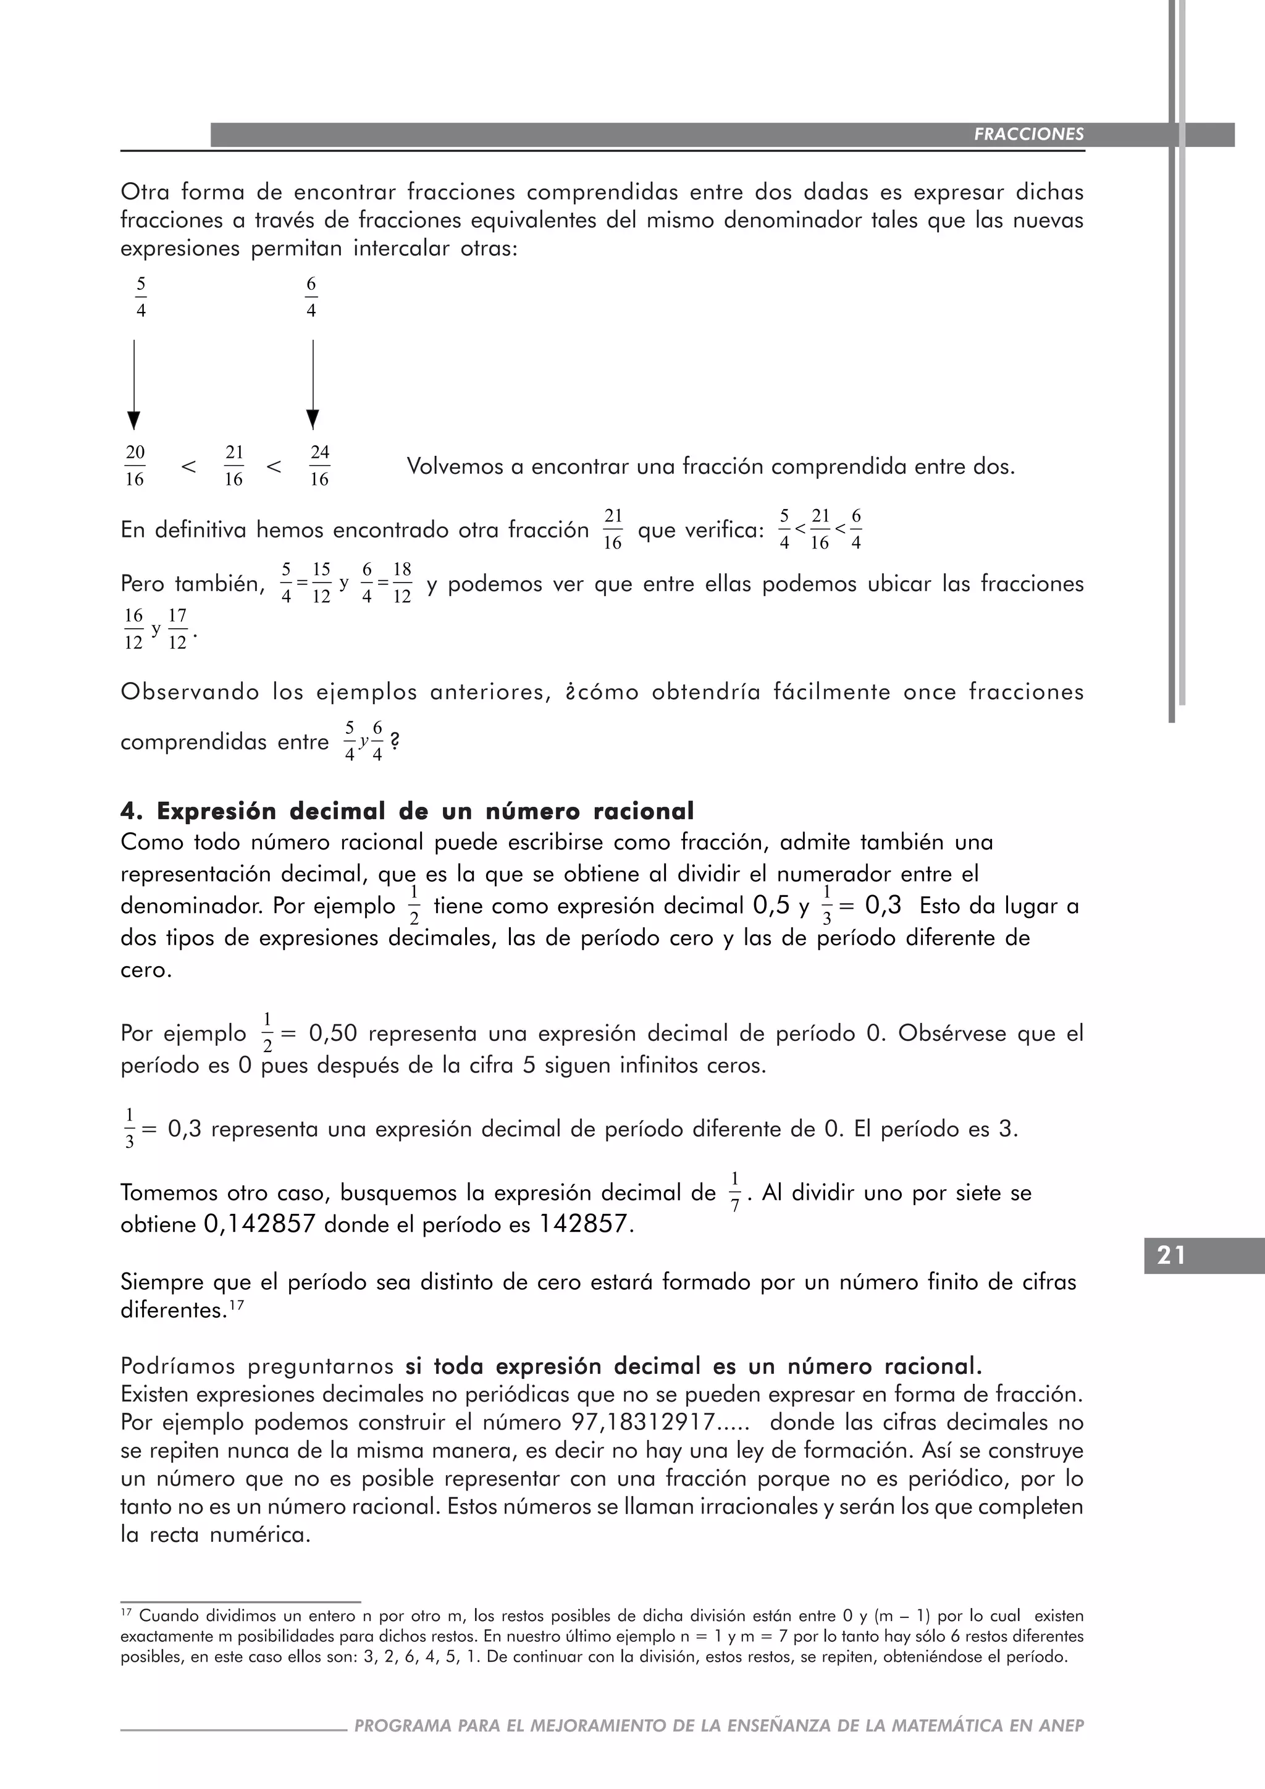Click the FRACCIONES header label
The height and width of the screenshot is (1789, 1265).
point(1028,134)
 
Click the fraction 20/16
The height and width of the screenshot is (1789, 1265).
point(135,466)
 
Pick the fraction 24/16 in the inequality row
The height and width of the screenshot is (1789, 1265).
point(319,466)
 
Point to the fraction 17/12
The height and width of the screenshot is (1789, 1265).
point(178,629)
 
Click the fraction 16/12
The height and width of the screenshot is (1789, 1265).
point(134,629)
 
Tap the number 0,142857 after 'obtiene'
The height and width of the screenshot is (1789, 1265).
point(259,1224)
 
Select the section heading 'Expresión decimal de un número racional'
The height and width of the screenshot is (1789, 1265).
point(424,811)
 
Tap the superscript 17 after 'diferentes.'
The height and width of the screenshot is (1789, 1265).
point(237,1303)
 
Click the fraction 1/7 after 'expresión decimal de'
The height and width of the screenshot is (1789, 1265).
point(734,1192)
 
